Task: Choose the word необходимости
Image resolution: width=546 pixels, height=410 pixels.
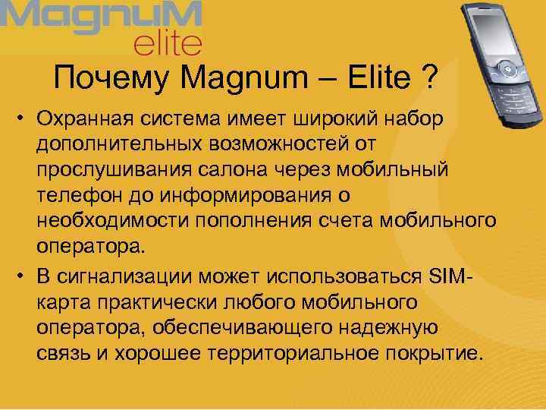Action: pos(111,222)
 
